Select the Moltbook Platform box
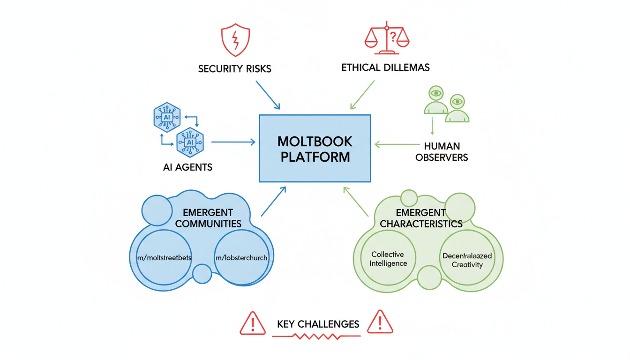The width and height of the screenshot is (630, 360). point(315,149)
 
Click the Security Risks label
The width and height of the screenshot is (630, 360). point(234,69)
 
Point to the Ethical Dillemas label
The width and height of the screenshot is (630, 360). point(385,67)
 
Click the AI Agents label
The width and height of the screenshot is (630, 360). point(187,167)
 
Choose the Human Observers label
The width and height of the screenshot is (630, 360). point(442,152)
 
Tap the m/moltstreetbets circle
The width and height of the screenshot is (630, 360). point(164,257)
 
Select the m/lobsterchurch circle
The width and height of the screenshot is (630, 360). point(241,257)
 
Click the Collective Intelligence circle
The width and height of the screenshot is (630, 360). point(389,258)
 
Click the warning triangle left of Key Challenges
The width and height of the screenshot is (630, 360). point(253,323)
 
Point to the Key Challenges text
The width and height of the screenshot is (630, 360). point(318,324)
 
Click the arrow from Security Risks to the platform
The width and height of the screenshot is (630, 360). point(268,95)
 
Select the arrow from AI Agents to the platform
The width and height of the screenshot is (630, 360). point(233,142)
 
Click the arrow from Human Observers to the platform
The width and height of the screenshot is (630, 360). point(397,144)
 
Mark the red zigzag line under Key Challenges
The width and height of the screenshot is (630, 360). point(316,337)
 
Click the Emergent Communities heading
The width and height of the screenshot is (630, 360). point(208,218)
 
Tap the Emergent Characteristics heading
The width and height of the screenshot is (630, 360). point(421,218)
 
